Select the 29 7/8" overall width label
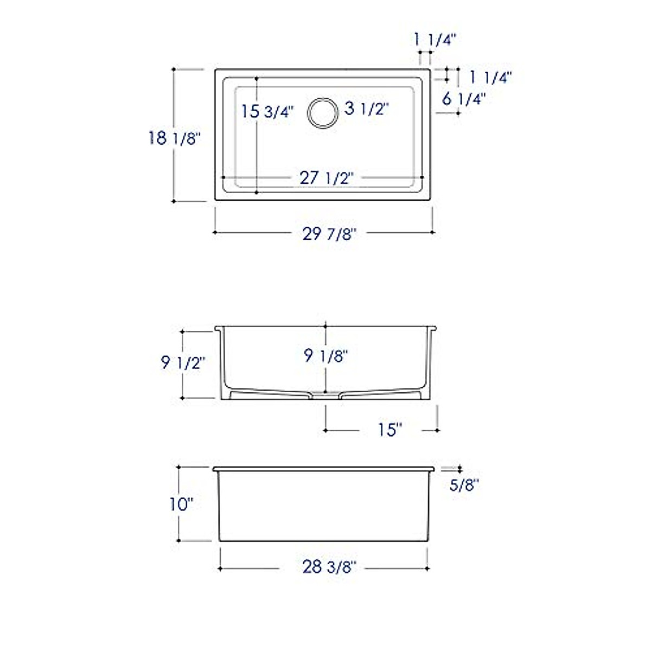tap(329, 234)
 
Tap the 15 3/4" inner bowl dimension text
tap(267, 111)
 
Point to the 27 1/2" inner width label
tap(326, 178)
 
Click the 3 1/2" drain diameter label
tap(367, 109)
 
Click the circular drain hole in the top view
tap(323, 113)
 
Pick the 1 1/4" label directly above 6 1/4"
tap(490, 78)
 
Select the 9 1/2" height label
tap(183, 362)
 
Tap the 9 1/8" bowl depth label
tap(325, 355)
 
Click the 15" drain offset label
tap(390, 430)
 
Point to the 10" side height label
tap(181, 505)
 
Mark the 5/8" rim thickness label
tap(464, 484)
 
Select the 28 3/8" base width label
tap(329, 567)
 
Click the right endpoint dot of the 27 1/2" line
tap(422, 177)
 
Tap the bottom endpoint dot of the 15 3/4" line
tap(256, 192)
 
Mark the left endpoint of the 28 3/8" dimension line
tap(220, 569)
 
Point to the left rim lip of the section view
tap(218, 329)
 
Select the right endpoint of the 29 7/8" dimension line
tap(432, 232)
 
